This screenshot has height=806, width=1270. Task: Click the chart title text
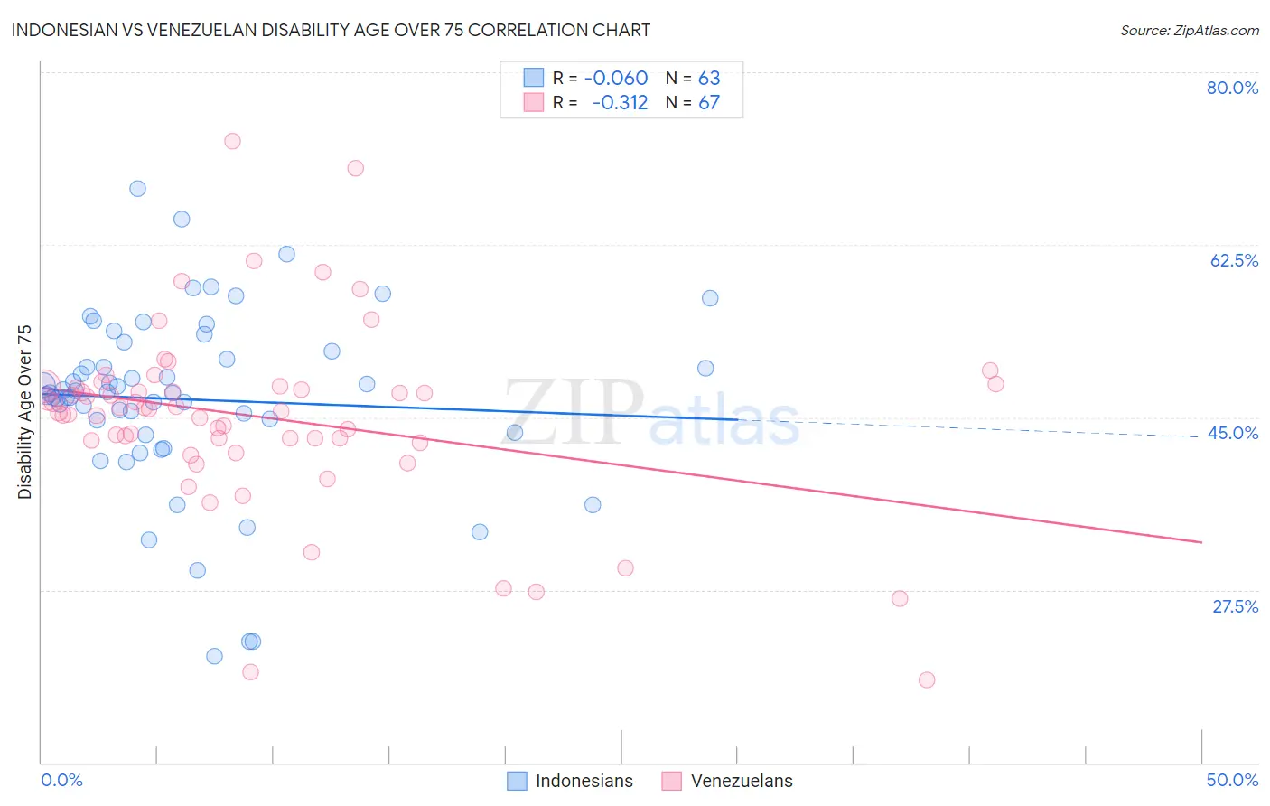click(x=331, y=30)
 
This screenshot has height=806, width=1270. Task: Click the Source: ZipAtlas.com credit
click(x=1189, y=31)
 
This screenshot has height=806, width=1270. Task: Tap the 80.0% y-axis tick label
click(x=1232, y=88)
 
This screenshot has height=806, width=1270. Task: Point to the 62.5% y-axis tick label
click(x=1234, y=260)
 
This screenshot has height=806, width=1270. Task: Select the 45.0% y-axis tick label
click(x=1233, y=433)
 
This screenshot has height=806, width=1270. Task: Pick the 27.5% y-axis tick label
click(x=1235, y=606)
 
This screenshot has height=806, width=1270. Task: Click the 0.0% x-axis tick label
click(x=61, y=780)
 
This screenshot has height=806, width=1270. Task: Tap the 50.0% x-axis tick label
click(x=1232, y=780)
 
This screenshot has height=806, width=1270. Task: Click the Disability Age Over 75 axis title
click(x=25, y=412)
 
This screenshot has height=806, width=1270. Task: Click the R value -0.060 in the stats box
click(x=616, y=79)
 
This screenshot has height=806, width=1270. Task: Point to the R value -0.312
click(x=620, y=103)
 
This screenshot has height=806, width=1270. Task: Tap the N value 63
click(x=709, y=79)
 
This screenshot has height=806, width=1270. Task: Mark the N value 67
click(x=709, y=103)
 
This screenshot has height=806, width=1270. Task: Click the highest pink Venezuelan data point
click(x=232, y=141)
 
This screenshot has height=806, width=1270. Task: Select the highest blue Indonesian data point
click(x=137, y=189)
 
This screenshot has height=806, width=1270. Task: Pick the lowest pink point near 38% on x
click(x=926, y=680)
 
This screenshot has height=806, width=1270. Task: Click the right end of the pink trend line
click(x=1201, y=542)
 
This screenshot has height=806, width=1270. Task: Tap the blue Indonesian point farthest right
click(x=710, y=298)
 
